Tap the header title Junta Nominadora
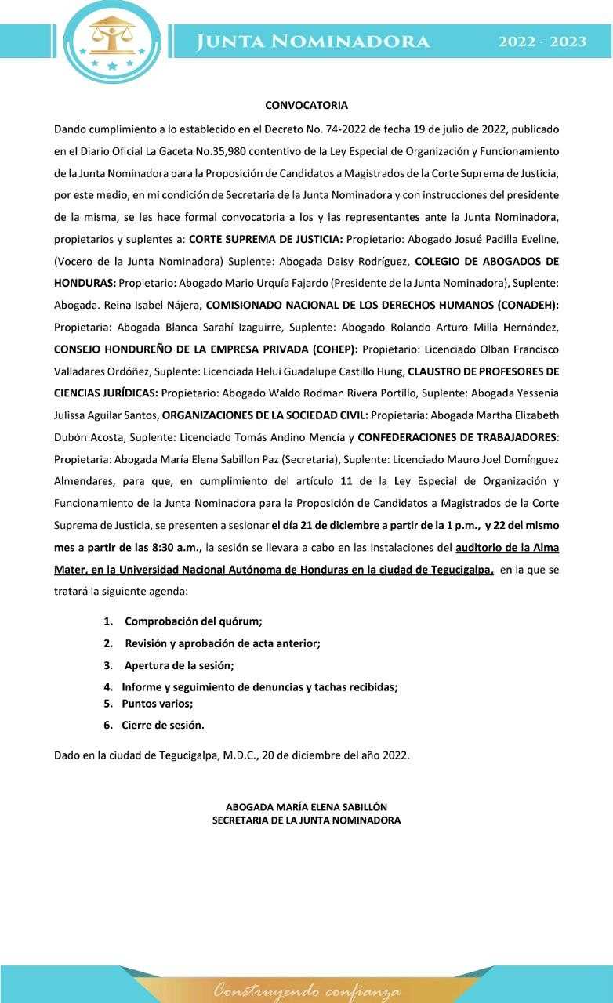tap(313, 42)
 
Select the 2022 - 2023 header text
tap(542, 42)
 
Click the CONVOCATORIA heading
tap(306, 105)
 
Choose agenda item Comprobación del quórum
tap(194, 621)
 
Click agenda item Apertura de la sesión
tap(180, 665)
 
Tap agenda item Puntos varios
tap(157, 704)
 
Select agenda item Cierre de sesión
tap(163, 726)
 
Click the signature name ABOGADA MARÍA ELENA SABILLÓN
tap(306, 806)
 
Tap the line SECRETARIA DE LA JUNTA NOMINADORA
tap(306, 820)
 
